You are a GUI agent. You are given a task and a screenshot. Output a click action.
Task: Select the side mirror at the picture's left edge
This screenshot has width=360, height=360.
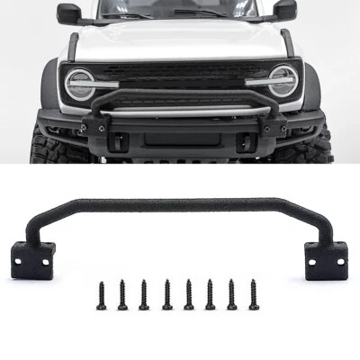click(69, 13)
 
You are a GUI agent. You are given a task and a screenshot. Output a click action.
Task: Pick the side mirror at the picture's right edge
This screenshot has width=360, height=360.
click(284, 10)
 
